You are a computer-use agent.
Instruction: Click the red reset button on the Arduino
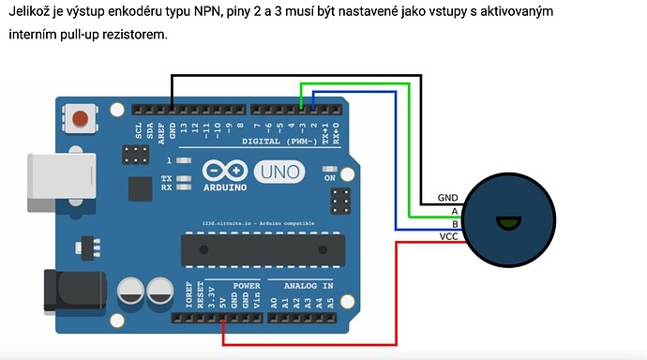tap(81, 119)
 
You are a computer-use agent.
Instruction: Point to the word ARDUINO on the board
tap(225, 186)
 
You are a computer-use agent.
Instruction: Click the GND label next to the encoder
tap(447, 199)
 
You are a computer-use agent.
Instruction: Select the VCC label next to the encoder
tap(447, 236)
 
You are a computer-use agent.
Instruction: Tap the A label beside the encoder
tap(454, 211)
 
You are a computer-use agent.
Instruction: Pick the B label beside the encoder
tap(454, 224)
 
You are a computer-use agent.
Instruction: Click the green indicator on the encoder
tap(508, 222)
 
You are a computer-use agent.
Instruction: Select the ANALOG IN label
tap(301, 284)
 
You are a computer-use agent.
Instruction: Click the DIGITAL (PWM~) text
tap(279, 141)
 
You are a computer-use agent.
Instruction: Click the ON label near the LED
tap(329, 176)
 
